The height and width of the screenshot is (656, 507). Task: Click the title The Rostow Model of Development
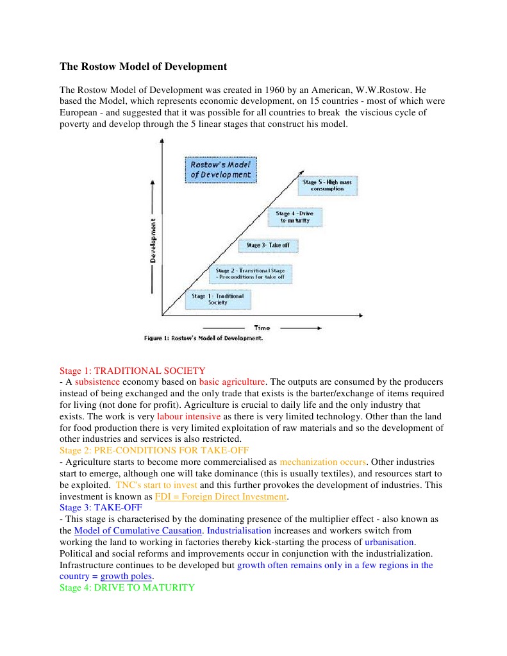click(x=143, y=67)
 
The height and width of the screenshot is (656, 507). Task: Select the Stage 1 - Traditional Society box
click(x=218, y=299)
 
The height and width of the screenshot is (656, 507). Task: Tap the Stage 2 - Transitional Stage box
click(x=251, y=274)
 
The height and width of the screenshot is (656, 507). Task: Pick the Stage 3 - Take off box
click(x=268, y=246)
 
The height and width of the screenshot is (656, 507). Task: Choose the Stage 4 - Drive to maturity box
click(x=295, y=217)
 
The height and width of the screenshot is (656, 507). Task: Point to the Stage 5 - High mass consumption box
click(x=327, y=186)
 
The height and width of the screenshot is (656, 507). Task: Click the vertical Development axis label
click(x=153, y=240)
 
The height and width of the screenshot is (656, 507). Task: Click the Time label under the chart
click(x=262, y=328)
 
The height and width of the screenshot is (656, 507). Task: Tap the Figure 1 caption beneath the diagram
click(x=204, y=338)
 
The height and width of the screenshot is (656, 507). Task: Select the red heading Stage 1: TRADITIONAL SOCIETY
click(x=132, y=371)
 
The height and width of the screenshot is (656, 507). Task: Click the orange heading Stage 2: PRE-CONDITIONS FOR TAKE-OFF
click(x=154, y=450)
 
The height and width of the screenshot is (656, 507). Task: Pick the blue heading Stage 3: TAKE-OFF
click(x=101, y=507)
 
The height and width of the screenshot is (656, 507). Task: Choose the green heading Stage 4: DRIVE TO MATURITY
click(x=127, y=587)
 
